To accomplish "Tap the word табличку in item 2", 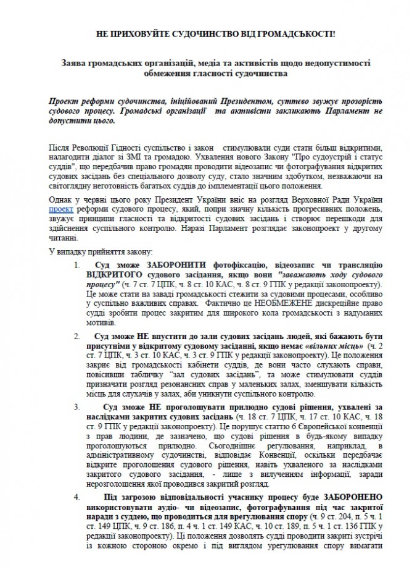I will pos(150,376).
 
